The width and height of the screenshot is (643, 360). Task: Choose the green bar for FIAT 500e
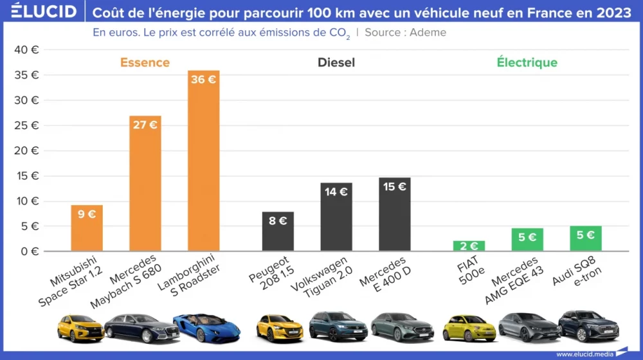click(469, 247)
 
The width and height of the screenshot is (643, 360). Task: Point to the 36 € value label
click(203, 80)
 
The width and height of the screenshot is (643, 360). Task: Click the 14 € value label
click(336, 192)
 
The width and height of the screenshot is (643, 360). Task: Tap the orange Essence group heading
click(145, 62)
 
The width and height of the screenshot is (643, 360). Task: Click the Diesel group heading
click(336, 62)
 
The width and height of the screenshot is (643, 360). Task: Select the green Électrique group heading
click(527, 62)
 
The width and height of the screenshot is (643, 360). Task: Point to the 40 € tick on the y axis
click(26, 50)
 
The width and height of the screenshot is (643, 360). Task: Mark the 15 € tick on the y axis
click(26, 175)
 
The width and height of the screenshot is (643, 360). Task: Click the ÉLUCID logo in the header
click(44, 11)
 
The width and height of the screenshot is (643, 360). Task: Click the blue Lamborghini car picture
click(206, 328)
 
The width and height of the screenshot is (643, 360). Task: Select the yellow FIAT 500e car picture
click(469, 328)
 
